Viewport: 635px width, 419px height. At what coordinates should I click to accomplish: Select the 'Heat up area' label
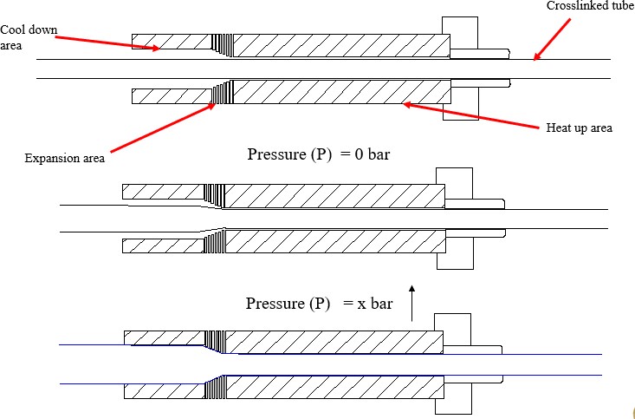[579, 128]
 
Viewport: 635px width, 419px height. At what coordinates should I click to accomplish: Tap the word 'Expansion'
[48, 158]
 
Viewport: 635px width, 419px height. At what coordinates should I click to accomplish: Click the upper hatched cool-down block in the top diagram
[171, 41]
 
